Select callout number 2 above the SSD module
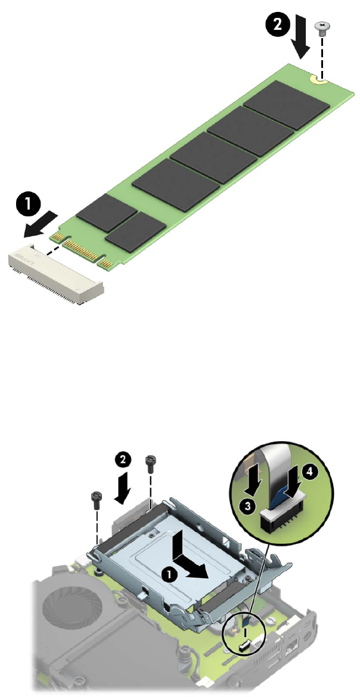point(277,24)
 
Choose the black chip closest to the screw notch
point(286,105)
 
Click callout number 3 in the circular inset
point(246,505)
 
